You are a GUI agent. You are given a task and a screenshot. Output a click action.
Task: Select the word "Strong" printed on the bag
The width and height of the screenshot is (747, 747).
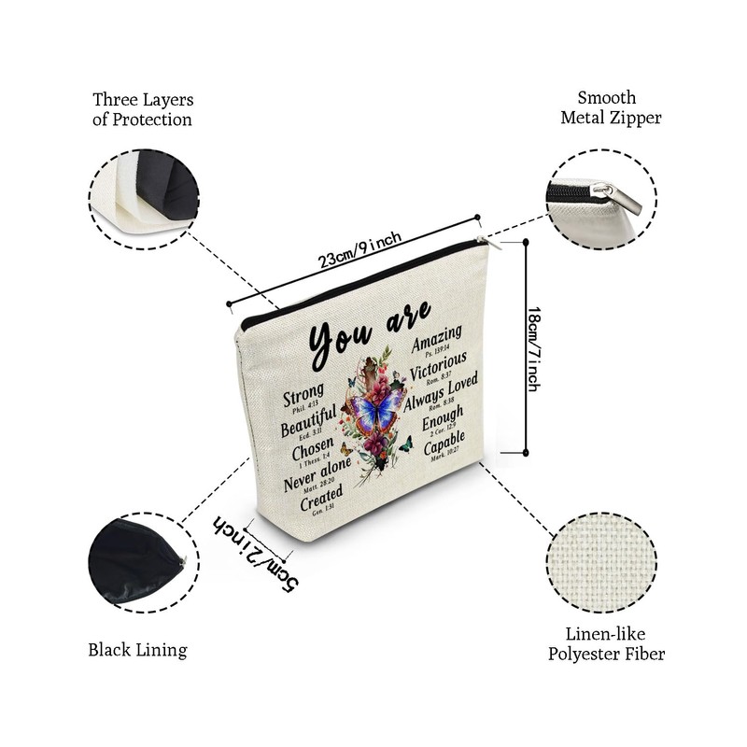[304, 391]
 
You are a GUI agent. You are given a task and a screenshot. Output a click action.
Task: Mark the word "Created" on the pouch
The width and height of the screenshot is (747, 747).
[321, 496]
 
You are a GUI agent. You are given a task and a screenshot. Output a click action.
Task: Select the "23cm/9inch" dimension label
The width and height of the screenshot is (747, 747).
[360, 250]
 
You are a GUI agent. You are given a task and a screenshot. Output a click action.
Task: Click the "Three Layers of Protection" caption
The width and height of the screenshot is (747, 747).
[142, 108]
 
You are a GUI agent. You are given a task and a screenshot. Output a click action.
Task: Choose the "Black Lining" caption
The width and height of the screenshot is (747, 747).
[138, 650]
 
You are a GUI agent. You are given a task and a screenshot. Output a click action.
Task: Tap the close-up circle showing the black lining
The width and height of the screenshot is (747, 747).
[138, 567]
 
